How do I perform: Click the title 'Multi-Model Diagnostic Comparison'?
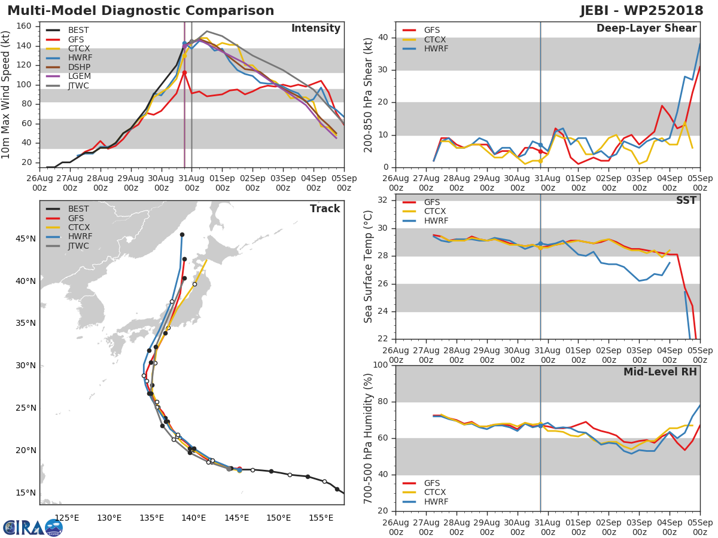(x=141, y=11)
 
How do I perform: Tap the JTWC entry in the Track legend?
(x=78, y=246)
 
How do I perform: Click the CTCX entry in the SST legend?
(x=435, y=212)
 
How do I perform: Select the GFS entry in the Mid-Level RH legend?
(x=435, y=483)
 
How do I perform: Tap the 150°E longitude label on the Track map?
(x=278, y=518)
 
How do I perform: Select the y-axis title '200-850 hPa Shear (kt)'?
(x=369, y=94)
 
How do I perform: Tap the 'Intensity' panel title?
(x=315, y=29)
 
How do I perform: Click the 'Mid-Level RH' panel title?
(x=660, y=372)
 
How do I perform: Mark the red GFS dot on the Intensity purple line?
(x=184, y=72)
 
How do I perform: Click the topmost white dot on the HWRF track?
(x=172, y=302)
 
